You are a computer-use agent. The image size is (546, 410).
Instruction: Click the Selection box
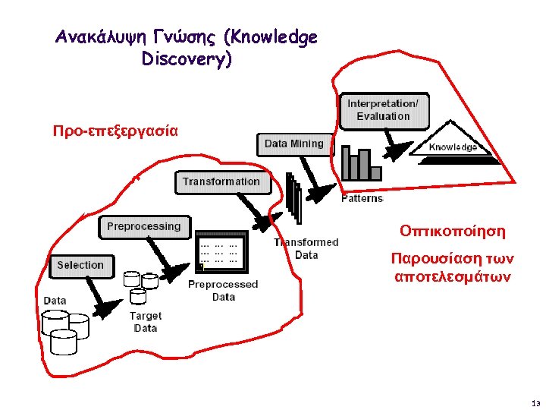(80, 265)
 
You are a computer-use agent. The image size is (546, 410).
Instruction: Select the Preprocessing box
(143, 226)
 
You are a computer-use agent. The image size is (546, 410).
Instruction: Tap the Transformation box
(221, 182)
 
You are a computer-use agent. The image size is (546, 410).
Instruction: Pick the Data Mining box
(293, 143)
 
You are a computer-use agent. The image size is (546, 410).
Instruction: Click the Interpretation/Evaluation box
(382, 110)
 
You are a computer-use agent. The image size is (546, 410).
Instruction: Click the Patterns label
(362, 198)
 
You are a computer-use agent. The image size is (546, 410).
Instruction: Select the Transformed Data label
(306, 248)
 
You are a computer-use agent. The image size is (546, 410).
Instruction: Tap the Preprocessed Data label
(223, 290)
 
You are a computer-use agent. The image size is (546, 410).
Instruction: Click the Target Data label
(145, 321)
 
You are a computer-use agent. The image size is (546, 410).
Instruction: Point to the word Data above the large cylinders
(55, 301)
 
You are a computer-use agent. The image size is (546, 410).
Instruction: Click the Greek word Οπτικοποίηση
(453, 230)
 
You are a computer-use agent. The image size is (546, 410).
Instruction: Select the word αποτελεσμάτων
(453, 276)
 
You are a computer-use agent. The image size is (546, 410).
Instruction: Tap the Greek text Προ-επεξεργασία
(115, 130)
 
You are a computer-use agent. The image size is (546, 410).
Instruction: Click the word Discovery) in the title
(187, 58)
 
